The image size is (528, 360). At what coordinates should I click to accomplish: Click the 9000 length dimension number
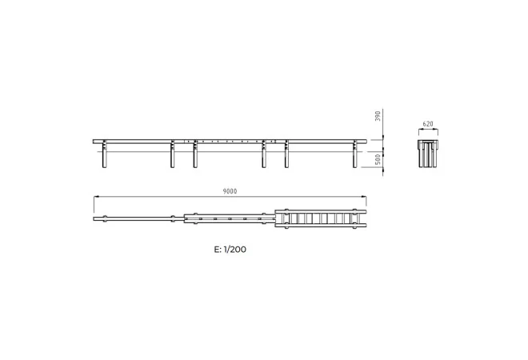(230, 191)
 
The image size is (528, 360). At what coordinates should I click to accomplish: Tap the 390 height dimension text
(378, 116)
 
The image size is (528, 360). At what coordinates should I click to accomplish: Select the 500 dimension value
(378, 159)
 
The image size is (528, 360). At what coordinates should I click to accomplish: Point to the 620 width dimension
(428, 124)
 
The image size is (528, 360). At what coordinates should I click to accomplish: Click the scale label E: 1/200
(230, 250)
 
